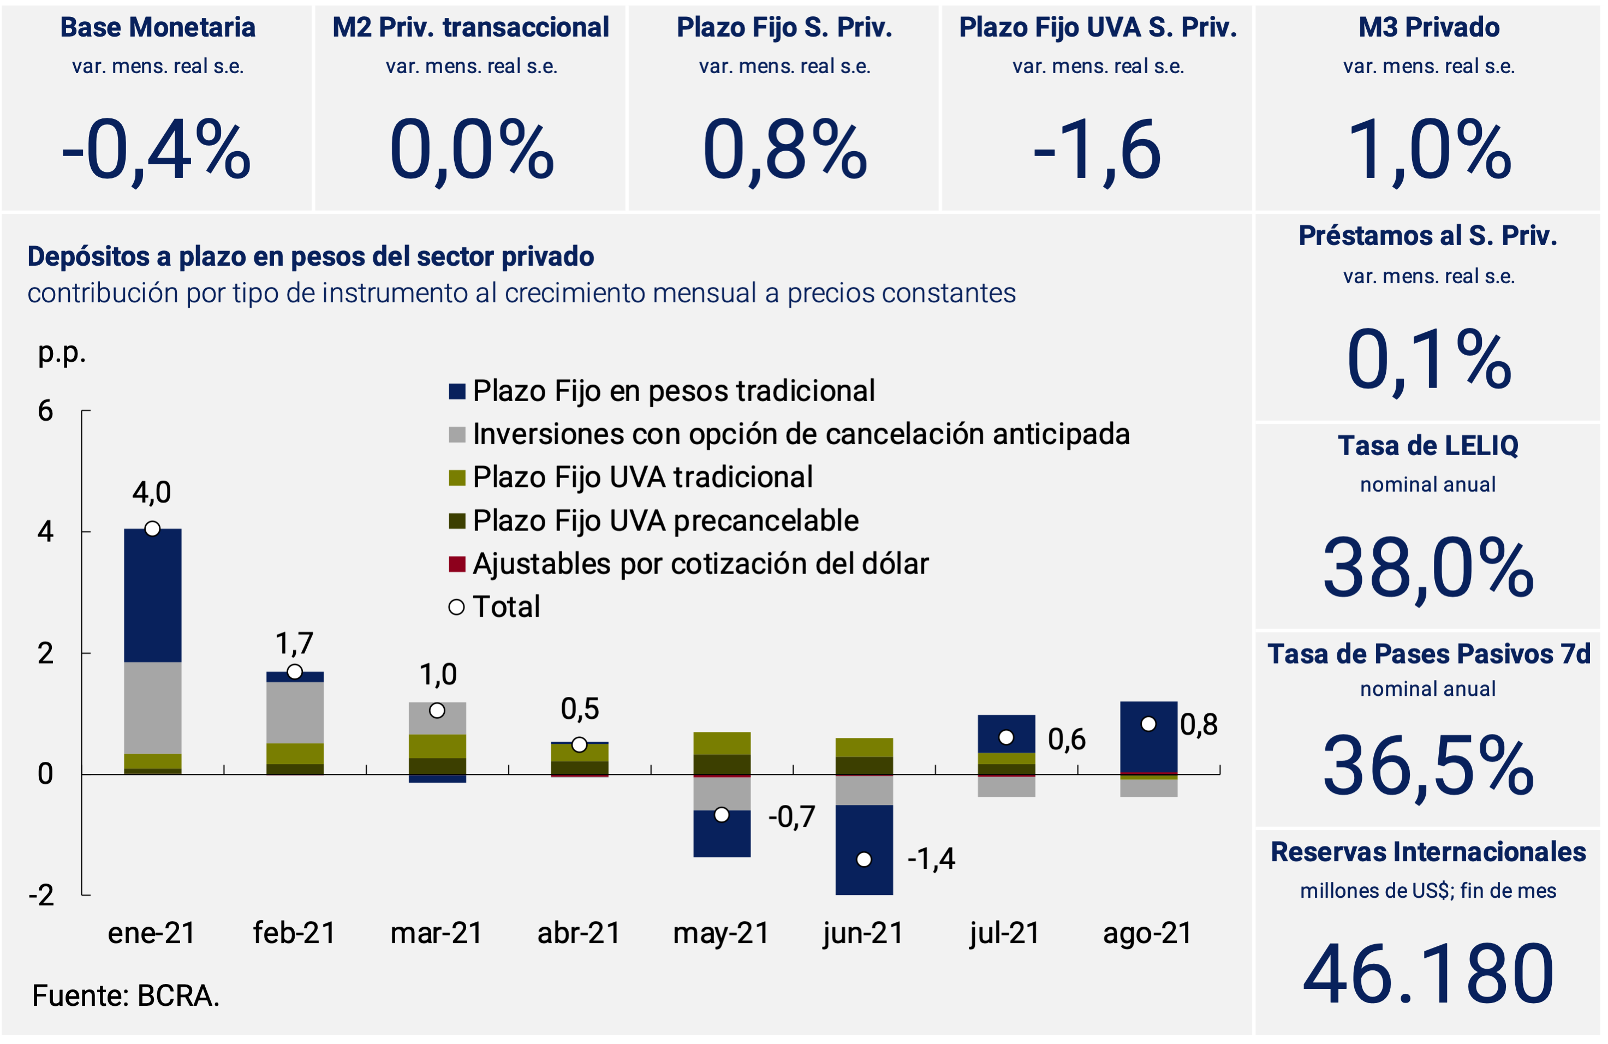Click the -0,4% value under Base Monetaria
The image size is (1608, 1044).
pyautogui.click(x=156, y=150)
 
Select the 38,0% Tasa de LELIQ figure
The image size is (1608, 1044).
pyautogui.click(x=1428, y=568)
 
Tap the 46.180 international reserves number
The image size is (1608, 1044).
pyautogui.click(x=1428, y=974)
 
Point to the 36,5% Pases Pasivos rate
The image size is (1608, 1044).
pyautogui.click(x=1428, y=767)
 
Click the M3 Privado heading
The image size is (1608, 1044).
pyautogui.click(x=1428, y=28)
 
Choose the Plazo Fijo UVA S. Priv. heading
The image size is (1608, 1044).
pyautogui.click(x=1097, y=28)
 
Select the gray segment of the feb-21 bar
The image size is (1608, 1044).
pyautogui.click(x=295, y=712)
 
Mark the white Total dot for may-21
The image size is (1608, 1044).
pyautogui.click(x=722, y=815)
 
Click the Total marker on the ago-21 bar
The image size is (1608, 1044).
pyautogui.click(x=1148, y=724)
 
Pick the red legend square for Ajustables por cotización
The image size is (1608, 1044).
pyautogui.click(x=457, y=564)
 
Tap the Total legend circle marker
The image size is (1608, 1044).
pyautogui.click(x=457, y=607)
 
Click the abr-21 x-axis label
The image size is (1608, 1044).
pyautogui.click(x=579, y=933)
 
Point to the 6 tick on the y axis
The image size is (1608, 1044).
pyautogui.click(x=45, y=411)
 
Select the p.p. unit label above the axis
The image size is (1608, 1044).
pyautogui.click(x=62, y=352)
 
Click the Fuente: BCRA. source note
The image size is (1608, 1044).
pyautogui.click(x=126, y=996)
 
